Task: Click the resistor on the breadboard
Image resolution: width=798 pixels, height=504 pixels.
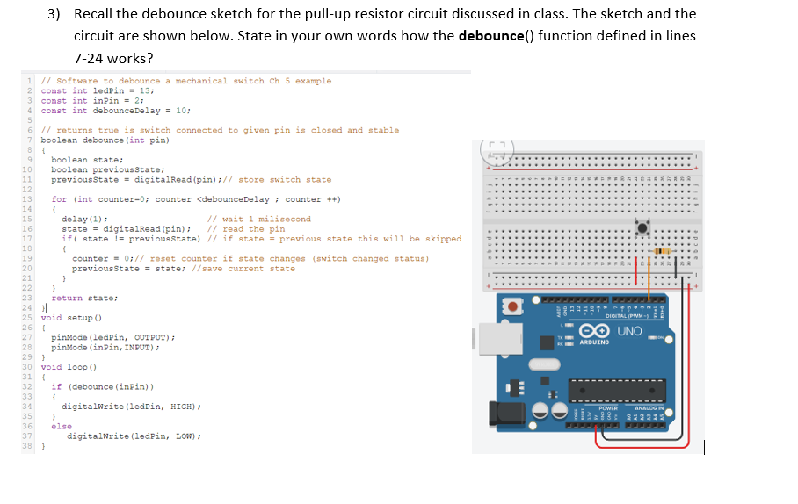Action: point(661,251)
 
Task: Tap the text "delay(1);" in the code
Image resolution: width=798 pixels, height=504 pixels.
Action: point(85,219)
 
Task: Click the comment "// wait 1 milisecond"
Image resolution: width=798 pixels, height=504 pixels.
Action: point(258,219)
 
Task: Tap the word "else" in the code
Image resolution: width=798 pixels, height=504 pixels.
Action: point(62,426)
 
